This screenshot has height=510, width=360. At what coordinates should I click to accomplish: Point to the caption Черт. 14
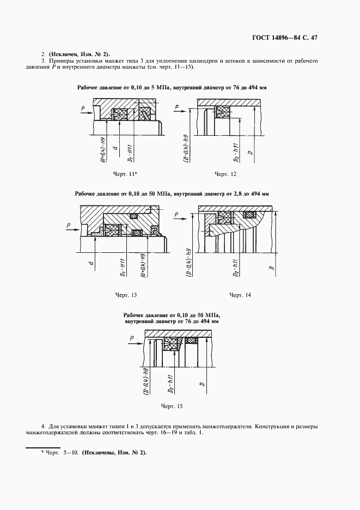[x=240, y=295]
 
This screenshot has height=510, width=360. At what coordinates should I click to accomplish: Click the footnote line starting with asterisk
[x=93, y=453]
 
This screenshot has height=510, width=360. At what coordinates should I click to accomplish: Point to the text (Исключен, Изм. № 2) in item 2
[x=79, y=53]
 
